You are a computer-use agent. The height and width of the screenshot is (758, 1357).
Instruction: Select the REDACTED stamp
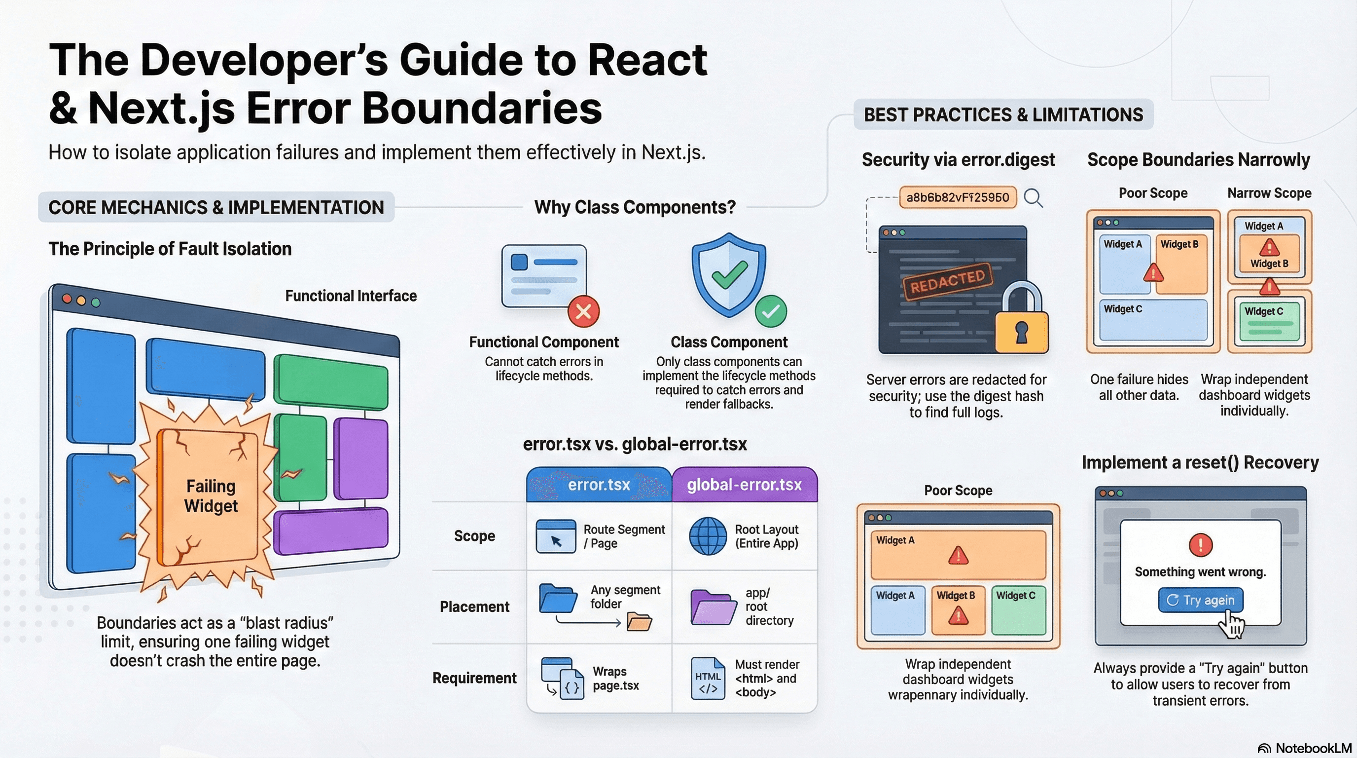948,281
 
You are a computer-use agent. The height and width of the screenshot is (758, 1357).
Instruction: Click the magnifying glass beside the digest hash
1033,198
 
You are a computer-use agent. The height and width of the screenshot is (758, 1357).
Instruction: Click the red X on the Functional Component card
583,311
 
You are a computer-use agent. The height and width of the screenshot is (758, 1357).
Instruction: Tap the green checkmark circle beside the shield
771,311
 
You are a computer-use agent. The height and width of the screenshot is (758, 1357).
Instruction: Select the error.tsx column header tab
599,485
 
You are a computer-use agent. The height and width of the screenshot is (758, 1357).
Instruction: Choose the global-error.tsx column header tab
745,485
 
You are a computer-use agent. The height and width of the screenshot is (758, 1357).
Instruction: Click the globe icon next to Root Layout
708,536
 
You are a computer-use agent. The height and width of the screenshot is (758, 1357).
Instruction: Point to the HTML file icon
708,678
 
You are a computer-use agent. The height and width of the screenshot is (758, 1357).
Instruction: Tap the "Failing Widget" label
211,495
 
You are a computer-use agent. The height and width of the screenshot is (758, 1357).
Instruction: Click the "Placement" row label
474,606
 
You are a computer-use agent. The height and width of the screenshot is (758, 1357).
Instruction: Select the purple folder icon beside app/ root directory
713,607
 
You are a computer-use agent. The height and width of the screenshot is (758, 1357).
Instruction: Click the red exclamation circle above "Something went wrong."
1201,544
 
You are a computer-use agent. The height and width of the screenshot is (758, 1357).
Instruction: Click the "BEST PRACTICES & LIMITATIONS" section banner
1003,114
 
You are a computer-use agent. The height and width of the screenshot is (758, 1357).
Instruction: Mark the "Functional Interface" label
351,296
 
